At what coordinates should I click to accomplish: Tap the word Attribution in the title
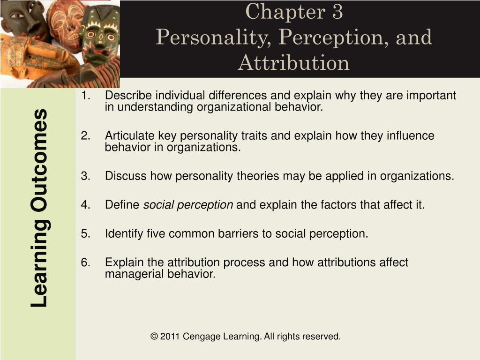pos(293,63)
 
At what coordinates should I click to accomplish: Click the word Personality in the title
pos(214,38)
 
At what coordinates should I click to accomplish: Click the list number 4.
pos(86,204)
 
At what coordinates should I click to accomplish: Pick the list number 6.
pos(86,262)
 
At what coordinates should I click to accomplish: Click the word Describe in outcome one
pos(128,95)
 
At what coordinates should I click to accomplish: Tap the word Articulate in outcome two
pos(130,135)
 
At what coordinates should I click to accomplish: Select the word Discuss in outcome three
pos(126,176)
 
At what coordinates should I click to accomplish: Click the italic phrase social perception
pos(188,205)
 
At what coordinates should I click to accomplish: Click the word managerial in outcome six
pos(135,274)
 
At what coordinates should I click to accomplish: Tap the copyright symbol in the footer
pos(154,337)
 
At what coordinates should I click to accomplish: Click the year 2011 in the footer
pos(170,337)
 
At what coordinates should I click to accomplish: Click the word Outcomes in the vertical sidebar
pos(40,161)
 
